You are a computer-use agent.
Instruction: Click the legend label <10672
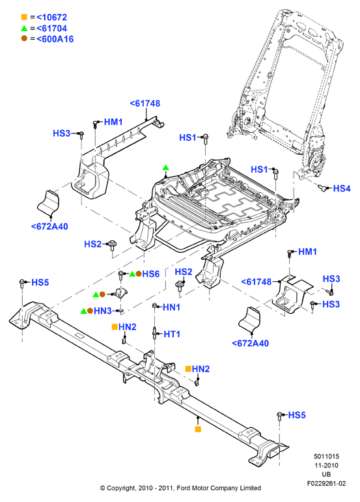click(x=51, y=18)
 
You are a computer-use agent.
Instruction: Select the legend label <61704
click(x=51, y=29)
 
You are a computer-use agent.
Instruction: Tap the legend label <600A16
click(x=55, y=39)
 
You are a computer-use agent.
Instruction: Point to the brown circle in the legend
click(x=24, y=38)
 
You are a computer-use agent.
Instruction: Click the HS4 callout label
click(x=341, y=189)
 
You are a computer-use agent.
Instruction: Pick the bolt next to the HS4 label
click(x=323, y=188)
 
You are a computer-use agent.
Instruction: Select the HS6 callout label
click(x=151, y=274)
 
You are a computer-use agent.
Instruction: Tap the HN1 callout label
click(x=171, y=307)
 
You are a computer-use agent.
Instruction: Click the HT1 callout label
click(x=172, y=334)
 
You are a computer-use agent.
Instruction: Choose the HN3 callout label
click(x=102, y=311)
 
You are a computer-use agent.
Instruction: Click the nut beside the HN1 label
click(x=154, y=306)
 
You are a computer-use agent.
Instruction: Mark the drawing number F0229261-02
click(x=326, y=483)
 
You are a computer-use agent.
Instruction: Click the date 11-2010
click(x=326, y=466)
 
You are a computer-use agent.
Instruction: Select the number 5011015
click(x=326, y=456)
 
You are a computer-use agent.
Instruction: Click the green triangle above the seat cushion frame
click(x=165, y=167)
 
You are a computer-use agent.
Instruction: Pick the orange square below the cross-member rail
click(x=198, y=429)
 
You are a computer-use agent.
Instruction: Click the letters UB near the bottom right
click(x=326, y=475)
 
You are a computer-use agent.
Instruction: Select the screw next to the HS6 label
click(x=120, y=275)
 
